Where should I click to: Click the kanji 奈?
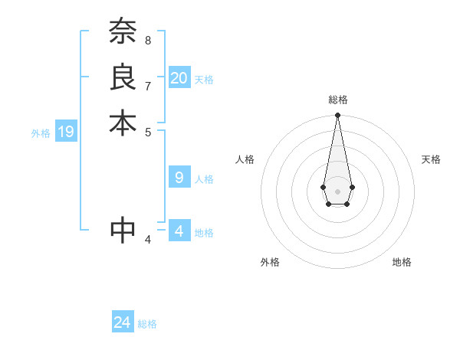pyautogui.click(x=123, y=33)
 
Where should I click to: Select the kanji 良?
pyautogui.click(x=123, y=78)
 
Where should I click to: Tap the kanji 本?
pyautogui.click(x=123, y=123)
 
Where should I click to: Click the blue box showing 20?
pyautogui.click(x=179, y=78)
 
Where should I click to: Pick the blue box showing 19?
pyautogui.click(x=66, y=132)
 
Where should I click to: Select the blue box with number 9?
pyautogui.click(x=179, y=178)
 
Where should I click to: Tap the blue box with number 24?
pyautogui.click(x=123, y=322)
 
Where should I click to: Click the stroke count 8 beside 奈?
pyautogui.click(x=148, y=40)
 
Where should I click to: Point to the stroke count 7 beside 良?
pyautogui.click(x=148, y=85)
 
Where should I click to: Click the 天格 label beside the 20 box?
pyautogui.click(x=204, y=80)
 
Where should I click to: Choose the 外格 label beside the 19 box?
pyautogui.click(x=41, y=133)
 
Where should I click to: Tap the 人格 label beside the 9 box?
pyautogui.click(x=204, y=179)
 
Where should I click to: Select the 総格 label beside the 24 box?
pyautogui.click(x=147, y=324)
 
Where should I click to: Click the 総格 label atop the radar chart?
pyautogui.click(x=337, y=100)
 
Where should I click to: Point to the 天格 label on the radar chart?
pyautogui.click(x=431, y=159)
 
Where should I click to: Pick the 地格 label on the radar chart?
pyautogui.click(x=402, y=262)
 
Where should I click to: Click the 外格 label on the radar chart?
pyautogui.click(x=270, y=262)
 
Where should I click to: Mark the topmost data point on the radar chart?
pyautogui.click(x=337, y=116)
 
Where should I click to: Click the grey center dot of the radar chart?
pyautogui.click(x=337, y=191)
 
